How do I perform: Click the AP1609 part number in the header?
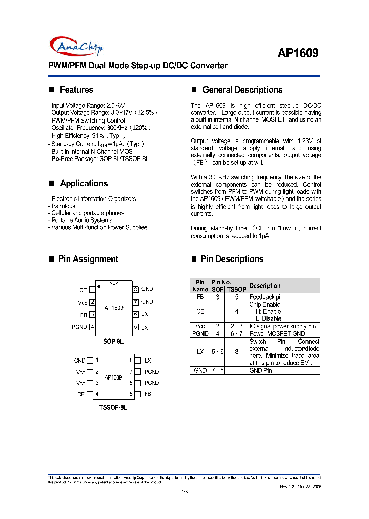(298, 54)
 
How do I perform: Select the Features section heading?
(76, 90)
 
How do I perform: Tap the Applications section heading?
(84, 183)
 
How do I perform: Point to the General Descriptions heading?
(242, 90)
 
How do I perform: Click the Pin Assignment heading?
(88, 259)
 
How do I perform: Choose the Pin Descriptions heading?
(232, 259)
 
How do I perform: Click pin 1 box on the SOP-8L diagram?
(92, 290)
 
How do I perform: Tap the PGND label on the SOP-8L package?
(79, 327)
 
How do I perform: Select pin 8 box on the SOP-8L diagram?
(136, 289)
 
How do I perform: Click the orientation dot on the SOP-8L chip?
(98, 286)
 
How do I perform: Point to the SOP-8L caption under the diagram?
(113, 341)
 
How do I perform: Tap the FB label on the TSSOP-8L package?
(148, 394)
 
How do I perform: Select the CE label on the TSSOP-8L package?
(81, 394)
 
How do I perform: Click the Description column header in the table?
(265, 286)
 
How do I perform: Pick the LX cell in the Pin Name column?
(200, 352)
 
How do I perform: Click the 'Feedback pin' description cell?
(266, 297)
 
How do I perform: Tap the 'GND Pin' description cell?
(261, 370)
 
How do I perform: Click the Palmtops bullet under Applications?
(63, 206)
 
